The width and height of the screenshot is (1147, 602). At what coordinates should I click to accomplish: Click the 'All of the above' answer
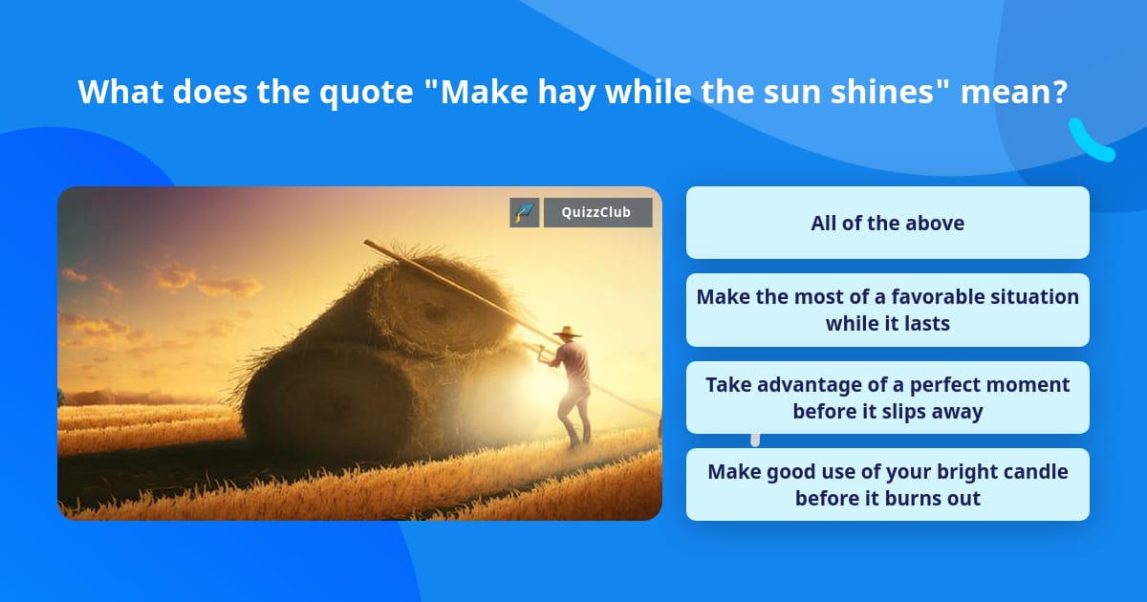coord(887,223)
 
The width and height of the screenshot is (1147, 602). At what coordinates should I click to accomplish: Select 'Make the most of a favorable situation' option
coord(887,310)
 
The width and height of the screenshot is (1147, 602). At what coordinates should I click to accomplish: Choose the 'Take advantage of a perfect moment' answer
coord(887,398)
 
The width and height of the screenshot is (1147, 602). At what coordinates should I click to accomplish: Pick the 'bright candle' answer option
coord(887,484)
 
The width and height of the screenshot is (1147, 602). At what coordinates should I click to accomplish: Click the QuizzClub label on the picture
coord(597,212)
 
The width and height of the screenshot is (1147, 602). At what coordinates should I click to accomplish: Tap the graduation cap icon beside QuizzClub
coord(524,212)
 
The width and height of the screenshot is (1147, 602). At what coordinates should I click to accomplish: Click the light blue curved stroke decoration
coord(1091,140)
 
